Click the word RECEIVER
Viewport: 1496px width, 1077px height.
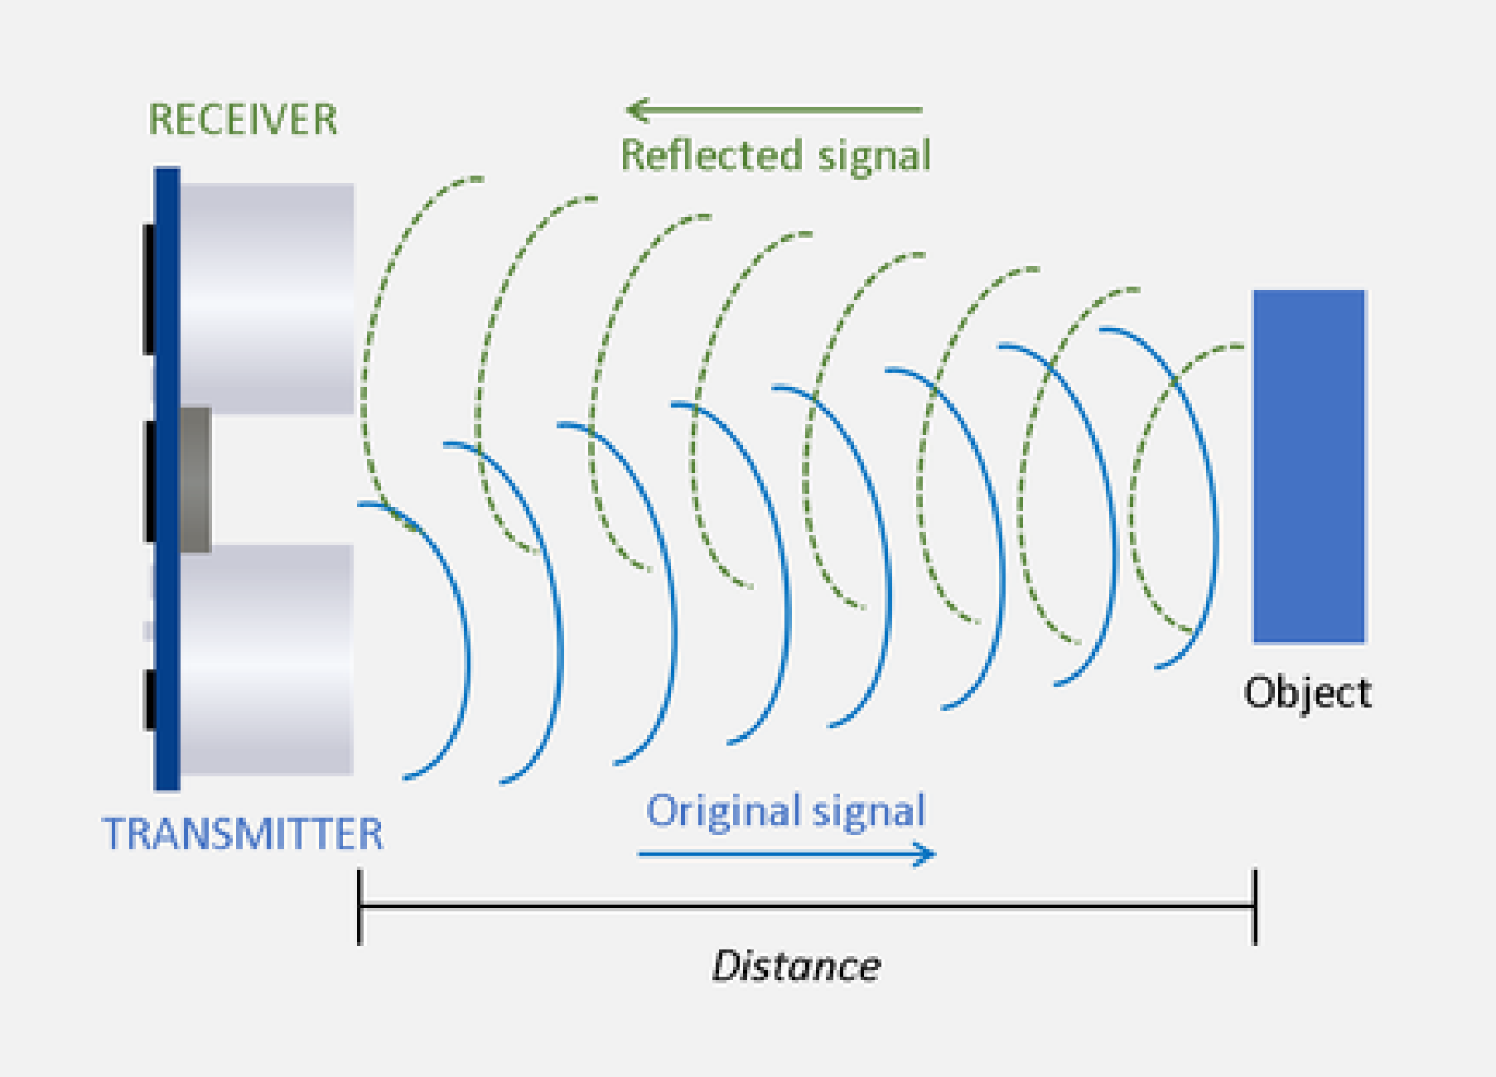(243, 119)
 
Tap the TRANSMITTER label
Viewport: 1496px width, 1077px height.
(243, 833)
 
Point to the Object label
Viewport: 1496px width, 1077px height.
(1307, 693)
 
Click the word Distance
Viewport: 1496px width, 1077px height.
(796, 967)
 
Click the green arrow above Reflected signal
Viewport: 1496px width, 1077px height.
(774, 109)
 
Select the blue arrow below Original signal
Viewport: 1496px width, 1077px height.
(787, 853)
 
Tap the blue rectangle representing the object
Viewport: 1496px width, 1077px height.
(1309, 466)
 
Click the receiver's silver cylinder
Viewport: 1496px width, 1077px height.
(267, 298)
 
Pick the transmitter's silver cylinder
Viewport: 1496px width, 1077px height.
(267, 659)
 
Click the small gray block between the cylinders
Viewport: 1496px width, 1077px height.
(195, 480)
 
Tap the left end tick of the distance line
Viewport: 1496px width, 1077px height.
(359, 907)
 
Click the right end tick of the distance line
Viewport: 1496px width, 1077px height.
(1255, 907)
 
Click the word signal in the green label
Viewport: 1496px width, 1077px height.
(875, 157)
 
